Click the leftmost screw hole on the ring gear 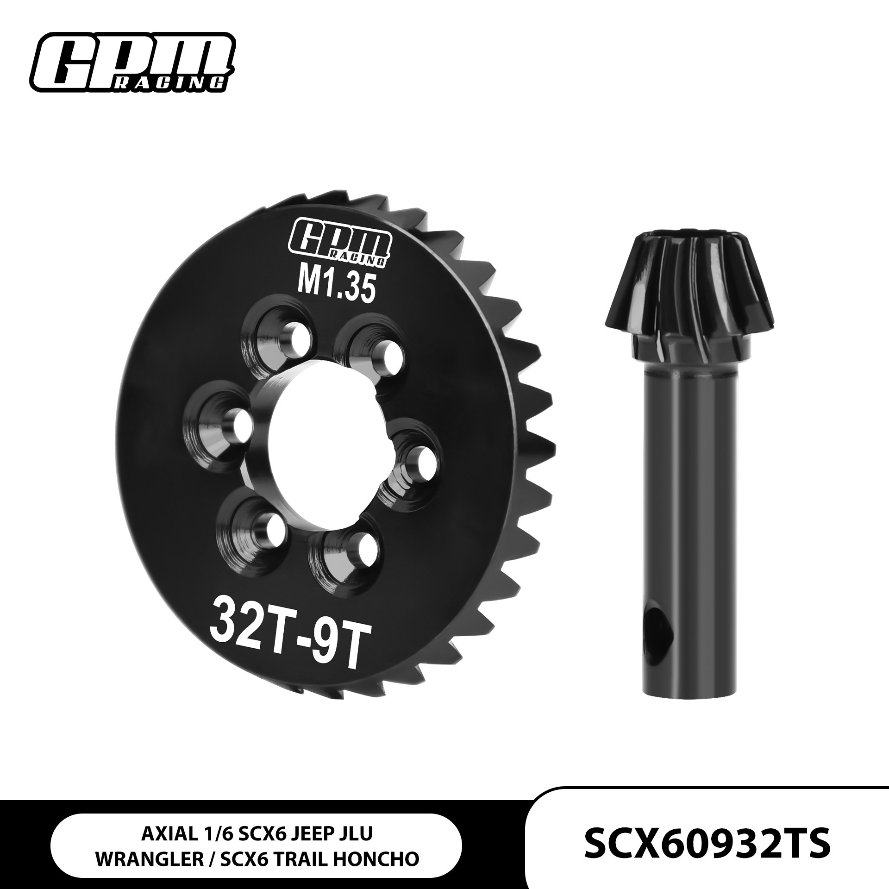click(240, 422)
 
